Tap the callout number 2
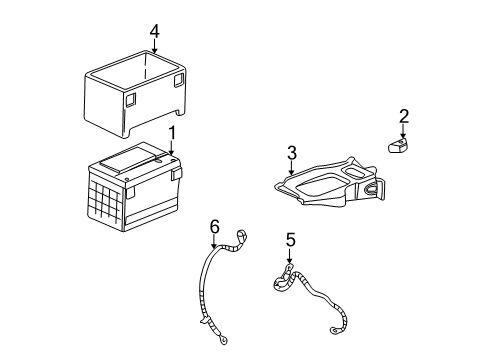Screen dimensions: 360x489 pyautogui.click(x=403, y=117)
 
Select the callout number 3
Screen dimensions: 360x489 pyautogui.click(x=292, y=152)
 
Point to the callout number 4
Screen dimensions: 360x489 pyautogui.click(x=154, y=33)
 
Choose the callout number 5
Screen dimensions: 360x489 pyautogui.click(x=291, y=240)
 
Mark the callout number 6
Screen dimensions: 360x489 pyautogui.click(x=213, y=227)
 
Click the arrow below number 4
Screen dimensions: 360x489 pyautogui.click(x=154, y=52)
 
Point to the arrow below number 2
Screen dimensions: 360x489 pyautogui.click(x=403, y=132)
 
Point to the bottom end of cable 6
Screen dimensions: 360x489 pyautogui.click(x=216, y=327)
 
